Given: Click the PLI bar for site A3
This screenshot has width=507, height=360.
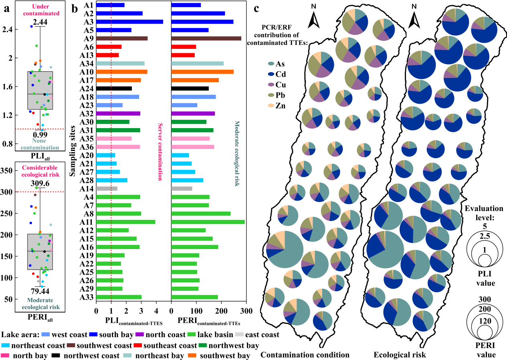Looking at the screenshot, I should coord(129,22).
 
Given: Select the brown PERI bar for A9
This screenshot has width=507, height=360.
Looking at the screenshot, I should coord(206,38).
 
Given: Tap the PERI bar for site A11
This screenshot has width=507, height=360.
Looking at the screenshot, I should coord(208,222).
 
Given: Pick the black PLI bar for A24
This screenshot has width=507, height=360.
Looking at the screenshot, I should coord(114,88).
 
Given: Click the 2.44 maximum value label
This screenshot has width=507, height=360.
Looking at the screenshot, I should coord(40,22).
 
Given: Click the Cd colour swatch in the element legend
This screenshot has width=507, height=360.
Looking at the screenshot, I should coord(271,74).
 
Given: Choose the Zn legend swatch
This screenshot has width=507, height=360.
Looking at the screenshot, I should coord(271,106).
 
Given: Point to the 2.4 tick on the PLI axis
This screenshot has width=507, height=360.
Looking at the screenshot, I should coord(7,30).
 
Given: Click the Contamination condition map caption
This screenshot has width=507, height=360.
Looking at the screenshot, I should coord(305,355).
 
